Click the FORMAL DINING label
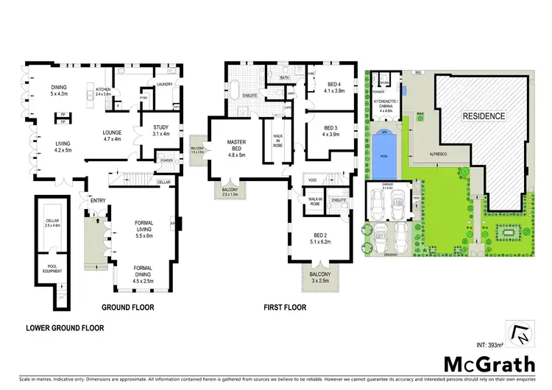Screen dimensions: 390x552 tap(143, 274)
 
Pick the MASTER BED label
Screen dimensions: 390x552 tap(236, 146)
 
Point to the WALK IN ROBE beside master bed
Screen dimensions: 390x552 tap(278, 140)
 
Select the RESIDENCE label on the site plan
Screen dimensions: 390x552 tap(484, 116)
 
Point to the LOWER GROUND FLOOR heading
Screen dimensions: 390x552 tap(65, 327)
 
